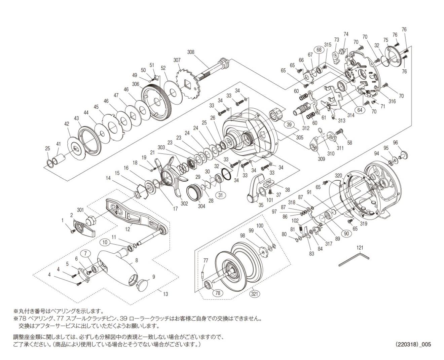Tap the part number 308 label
[x=191, y=52]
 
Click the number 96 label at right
[x=395, y=143]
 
